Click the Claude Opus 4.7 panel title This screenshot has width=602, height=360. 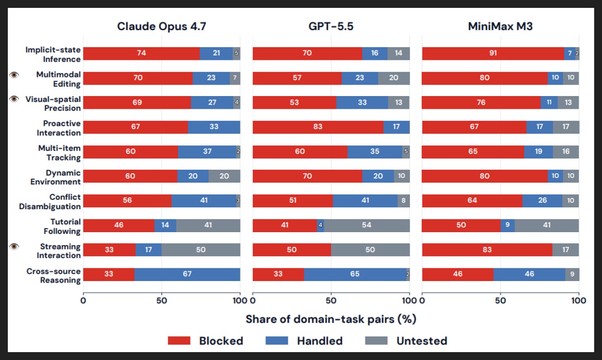coord(162,26)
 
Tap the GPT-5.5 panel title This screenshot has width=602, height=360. coord(331,26)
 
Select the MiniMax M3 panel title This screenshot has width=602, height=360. coord(500,26)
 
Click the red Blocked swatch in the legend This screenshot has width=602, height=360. coord(179,341)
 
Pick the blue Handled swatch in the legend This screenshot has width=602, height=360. coord(277,341)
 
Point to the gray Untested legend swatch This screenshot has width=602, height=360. coord(376,341)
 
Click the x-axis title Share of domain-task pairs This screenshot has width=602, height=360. coord(331,319)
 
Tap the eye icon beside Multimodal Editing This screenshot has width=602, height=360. coord(14,74)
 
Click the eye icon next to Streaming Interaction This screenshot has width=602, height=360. coord(14,247)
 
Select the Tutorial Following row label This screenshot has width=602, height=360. coord(62,226)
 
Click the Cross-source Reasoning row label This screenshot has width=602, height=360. coord(53,276)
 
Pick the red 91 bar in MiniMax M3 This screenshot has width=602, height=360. coord(493,53)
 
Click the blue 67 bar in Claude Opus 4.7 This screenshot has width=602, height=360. coord(187,274)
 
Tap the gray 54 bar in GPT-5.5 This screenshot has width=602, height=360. coord(367,226)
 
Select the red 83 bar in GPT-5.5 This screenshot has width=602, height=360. coord(318,127)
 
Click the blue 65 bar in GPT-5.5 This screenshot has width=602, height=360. coord(355,274)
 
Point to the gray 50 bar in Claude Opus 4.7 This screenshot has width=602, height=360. coord(201,250)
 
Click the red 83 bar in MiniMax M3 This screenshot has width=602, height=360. coord(487,250)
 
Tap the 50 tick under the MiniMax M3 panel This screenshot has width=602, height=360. coord(500,300)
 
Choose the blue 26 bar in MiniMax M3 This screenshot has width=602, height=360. coord(542,201)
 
